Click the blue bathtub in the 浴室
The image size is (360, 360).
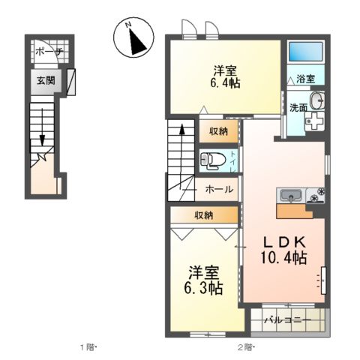(304, 53)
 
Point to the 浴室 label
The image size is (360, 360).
(304, 79)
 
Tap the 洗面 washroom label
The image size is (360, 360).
(298, 107)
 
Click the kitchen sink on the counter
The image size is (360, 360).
(289, 195)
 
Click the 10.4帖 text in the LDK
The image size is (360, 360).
(282, 258)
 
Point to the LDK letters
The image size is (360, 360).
(282, 241)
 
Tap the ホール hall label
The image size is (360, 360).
(219, 190)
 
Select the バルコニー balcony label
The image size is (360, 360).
(288, 321)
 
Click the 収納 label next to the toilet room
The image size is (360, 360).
(218, 130)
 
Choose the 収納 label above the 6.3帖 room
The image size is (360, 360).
(203, 214)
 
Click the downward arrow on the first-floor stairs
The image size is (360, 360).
(43, 140)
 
